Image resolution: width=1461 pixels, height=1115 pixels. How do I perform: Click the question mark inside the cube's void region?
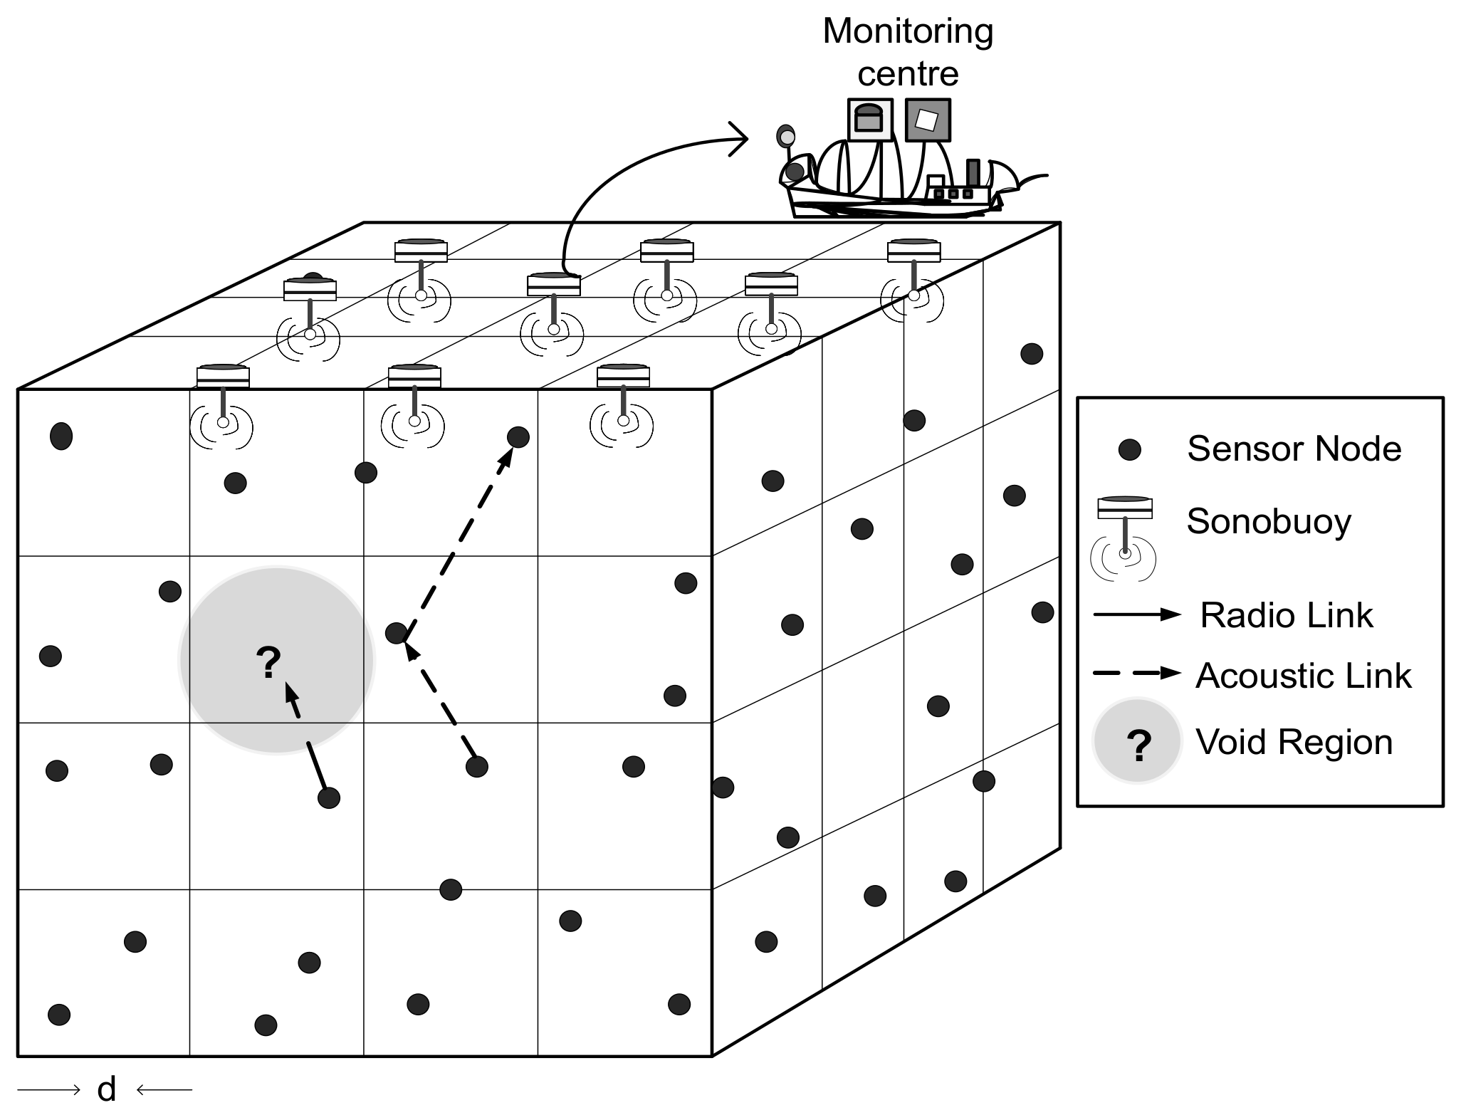(268, 662)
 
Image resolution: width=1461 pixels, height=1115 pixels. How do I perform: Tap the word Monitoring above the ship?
(908, 32)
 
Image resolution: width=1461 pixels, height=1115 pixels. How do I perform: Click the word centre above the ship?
(908, 74)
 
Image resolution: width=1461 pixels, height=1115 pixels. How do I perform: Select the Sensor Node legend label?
(1294, 449)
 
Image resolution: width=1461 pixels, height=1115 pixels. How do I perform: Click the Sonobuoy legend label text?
(1268, 521)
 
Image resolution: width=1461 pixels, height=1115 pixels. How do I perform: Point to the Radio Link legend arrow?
(1137, 615)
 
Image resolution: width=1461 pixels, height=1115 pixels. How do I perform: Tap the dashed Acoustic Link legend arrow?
(1137, 673)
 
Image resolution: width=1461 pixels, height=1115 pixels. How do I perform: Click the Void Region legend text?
(1294, 742)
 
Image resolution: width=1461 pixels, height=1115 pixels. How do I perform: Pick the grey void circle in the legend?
(1137, 740)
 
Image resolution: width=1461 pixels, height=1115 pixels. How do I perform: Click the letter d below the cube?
(106, 1089)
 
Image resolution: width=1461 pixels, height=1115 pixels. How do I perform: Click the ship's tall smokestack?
(973, 173)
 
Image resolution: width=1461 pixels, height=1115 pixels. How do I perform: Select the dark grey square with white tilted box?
(928, 120)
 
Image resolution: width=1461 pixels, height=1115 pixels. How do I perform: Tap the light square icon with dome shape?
(869, 120)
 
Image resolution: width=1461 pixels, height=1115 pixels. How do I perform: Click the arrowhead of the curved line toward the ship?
(740, 138)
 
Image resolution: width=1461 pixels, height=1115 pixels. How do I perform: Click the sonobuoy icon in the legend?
(1124, 538)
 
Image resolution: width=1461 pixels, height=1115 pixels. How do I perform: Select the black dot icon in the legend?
(1129, 449)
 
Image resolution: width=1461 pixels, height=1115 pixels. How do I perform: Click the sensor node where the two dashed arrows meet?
(396, 632)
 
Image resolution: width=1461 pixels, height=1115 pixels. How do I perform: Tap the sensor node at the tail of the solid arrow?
(328, 797)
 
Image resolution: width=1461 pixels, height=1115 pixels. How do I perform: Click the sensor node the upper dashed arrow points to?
(518, 436)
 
